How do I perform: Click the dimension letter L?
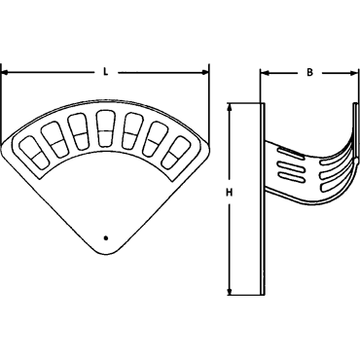(105, 72)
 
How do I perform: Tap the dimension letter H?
(230, 193)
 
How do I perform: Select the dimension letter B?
(309, 72)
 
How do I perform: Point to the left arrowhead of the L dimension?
(4, 73)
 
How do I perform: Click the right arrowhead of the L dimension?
(205, 72)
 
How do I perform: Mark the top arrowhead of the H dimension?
(230, 107)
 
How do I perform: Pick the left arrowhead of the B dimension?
(265, 73)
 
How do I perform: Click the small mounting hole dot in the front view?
(105, 238)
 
